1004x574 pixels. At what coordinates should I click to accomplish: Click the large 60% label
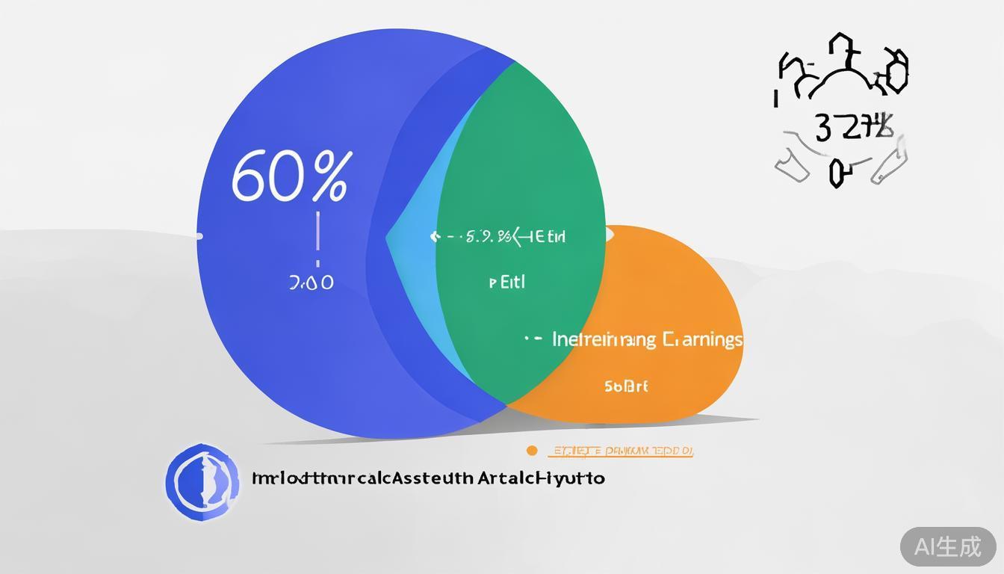(x=289, y=176)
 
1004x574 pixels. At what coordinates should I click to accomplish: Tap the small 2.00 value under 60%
(x=311, y=283)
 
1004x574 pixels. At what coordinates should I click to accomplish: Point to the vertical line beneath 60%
(x=318, y=232)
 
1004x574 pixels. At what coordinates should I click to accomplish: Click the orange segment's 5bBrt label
(x=626, y=386)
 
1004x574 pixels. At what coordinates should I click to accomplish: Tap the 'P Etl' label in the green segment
(x=507, y=283)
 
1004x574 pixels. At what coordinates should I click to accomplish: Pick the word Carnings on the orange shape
(x=702, y=339)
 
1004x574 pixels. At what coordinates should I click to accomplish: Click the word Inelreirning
(x=604, y=339)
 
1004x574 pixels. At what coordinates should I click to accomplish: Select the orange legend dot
(x=532, y=450)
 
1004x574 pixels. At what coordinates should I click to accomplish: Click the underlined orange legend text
(x=621, y=451)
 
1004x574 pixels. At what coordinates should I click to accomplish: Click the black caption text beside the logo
(x=428, y=478)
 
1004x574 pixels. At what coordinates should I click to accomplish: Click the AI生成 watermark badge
(x=947, y=546)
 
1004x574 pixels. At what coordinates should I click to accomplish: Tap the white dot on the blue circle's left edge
(x=199, y=236)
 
